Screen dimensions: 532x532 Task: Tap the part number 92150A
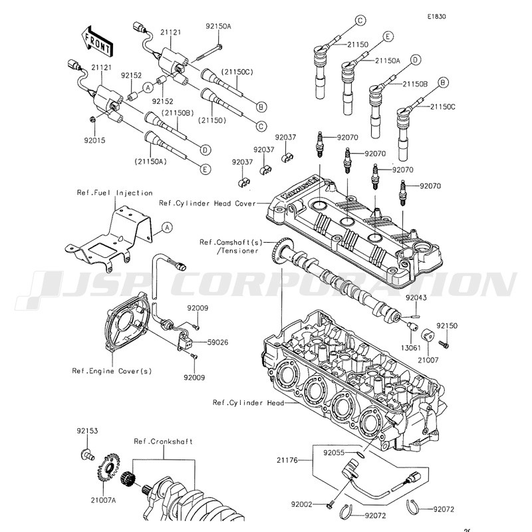tap(219, 27)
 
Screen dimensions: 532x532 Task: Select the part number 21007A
tap(103, 499)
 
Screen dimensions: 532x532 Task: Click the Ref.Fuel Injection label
tap(114, 193)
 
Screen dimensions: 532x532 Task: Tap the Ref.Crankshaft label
tap(163, 442)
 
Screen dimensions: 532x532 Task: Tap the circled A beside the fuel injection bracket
tap(167, 227)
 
